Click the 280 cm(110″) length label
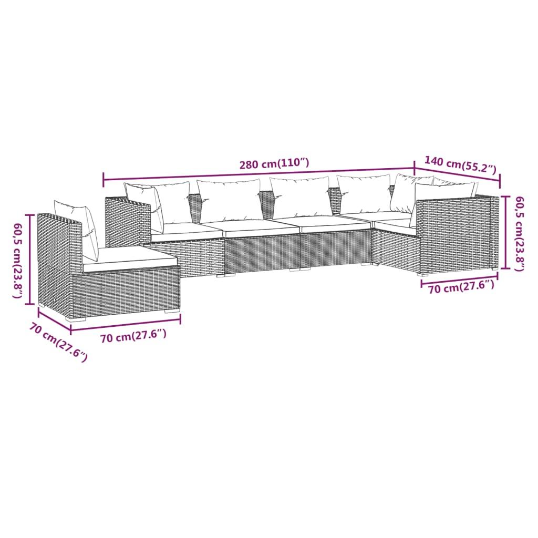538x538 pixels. coord(274,164)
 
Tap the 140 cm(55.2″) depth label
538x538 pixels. coord(460,165)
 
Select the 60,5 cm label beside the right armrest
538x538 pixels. coord(519,233)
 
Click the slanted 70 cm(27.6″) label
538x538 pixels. coord(58,342)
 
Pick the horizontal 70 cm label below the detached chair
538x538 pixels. coord(133,337)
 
